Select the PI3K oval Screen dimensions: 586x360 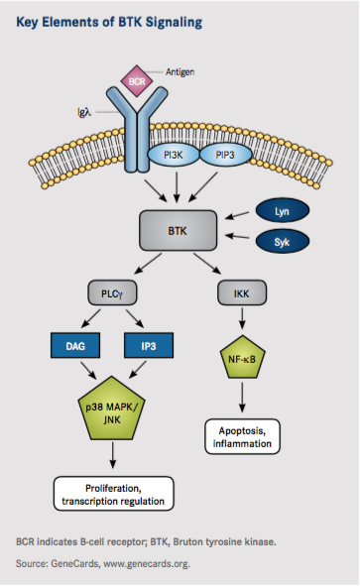pyautogui.click(x=173, y=129)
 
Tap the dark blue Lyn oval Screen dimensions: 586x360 pyautogui.click(x=282, y=210)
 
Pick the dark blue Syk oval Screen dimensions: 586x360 pyautogui.click(x=282, y=241)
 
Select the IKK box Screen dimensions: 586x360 pyautogui.click(x=242, y=294)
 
